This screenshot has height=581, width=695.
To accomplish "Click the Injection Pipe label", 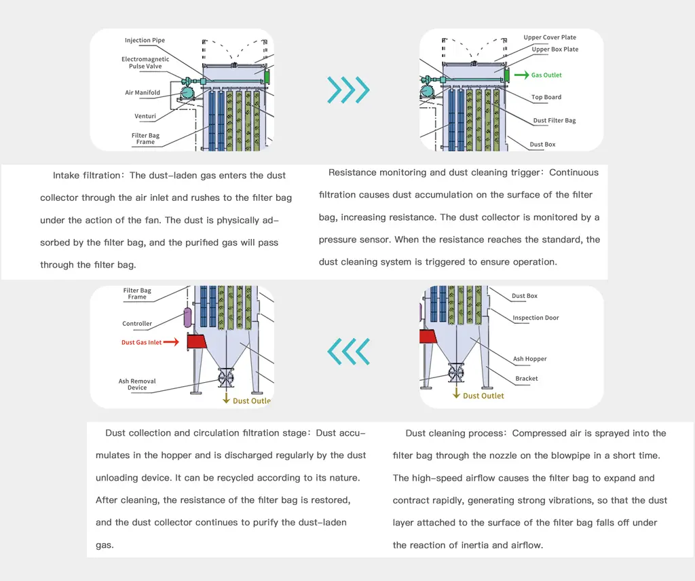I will click(145, 41).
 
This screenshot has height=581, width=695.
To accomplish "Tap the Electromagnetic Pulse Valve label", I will click(145, 62).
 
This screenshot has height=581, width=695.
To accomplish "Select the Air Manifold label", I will click(143, 93).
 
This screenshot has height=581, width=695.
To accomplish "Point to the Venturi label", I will click(145, 116).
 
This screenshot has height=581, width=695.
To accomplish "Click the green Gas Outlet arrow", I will click(521, 75).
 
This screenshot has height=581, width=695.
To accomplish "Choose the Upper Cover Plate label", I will click(550, 38).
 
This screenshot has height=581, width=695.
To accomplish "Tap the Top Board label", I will click(546, 98).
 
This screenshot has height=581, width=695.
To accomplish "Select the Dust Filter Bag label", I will click(555, 121).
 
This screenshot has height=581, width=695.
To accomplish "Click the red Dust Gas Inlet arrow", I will click(171, 342).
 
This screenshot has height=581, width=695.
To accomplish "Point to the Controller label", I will click(137, 324).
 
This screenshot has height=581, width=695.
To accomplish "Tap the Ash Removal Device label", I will click(137, 384).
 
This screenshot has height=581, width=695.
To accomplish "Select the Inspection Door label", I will click(536, 318).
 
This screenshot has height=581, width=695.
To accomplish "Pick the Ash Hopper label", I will click(529, 359).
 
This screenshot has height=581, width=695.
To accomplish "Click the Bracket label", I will click(527, 379).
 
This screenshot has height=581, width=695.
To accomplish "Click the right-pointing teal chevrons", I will click(348, 89).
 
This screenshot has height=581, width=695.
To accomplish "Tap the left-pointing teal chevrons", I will click(348, 350).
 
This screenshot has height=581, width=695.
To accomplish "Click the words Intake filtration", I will click(86, 176).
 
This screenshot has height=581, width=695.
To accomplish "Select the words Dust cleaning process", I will click(455, 433).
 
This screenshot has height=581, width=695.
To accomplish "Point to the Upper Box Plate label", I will click(555, 50).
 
